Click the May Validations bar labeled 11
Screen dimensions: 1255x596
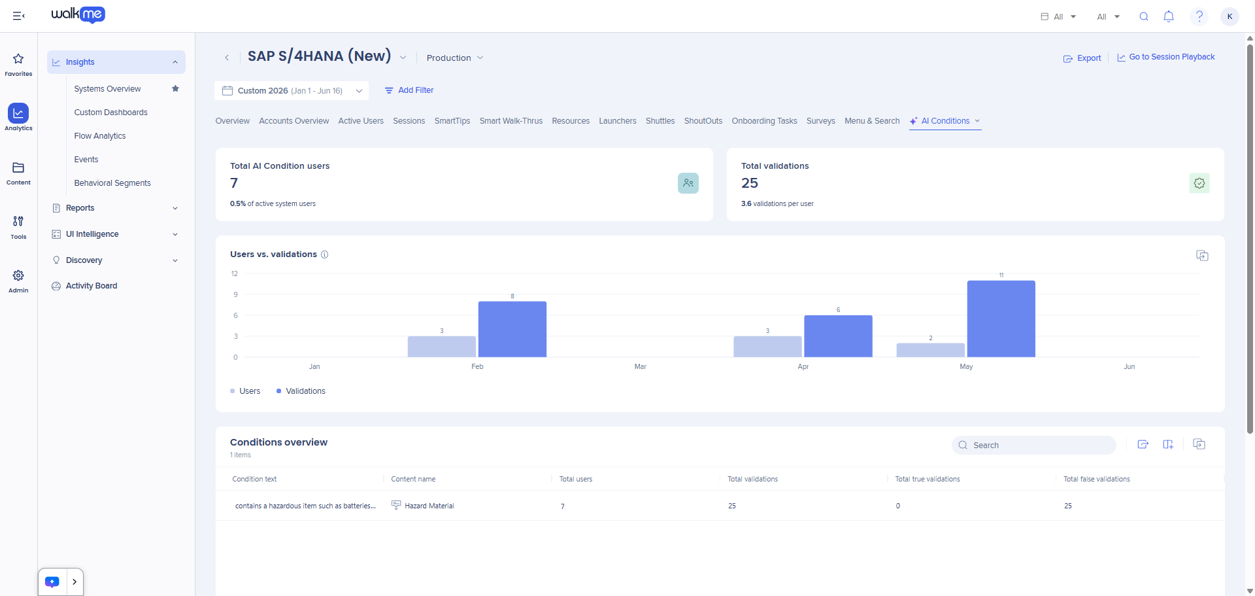point(1001,319)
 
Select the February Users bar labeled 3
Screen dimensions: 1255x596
point(442,347)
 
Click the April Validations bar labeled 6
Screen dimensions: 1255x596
point(838,336)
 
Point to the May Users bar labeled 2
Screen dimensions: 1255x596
point(930,350)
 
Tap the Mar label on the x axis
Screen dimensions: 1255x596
point(640,366)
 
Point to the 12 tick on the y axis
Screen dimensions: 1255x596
point(235,273)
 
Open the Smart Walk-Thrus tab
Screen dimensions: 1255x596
point(511,121)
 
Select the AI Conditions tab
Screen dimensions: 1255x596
point(945,121)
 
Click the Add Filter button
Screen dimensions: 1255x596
point(409,90)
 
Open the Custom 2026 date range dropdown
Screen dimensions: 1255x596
point(292,91)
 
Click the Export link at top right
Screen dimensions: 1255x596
point(1082,58)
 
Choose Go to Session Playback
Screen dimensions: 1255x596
point(1166,57)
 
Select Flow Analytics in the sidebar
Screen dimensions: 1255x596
point(100,136)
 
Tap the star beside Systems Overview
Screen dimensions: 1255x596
point(175,88)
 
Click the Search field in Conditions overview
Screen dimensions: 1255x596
point(1034,446)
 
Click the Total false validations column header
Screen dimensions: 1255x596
point(1097,480)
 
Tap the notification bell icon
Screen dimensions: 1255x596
point(1169,16)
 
